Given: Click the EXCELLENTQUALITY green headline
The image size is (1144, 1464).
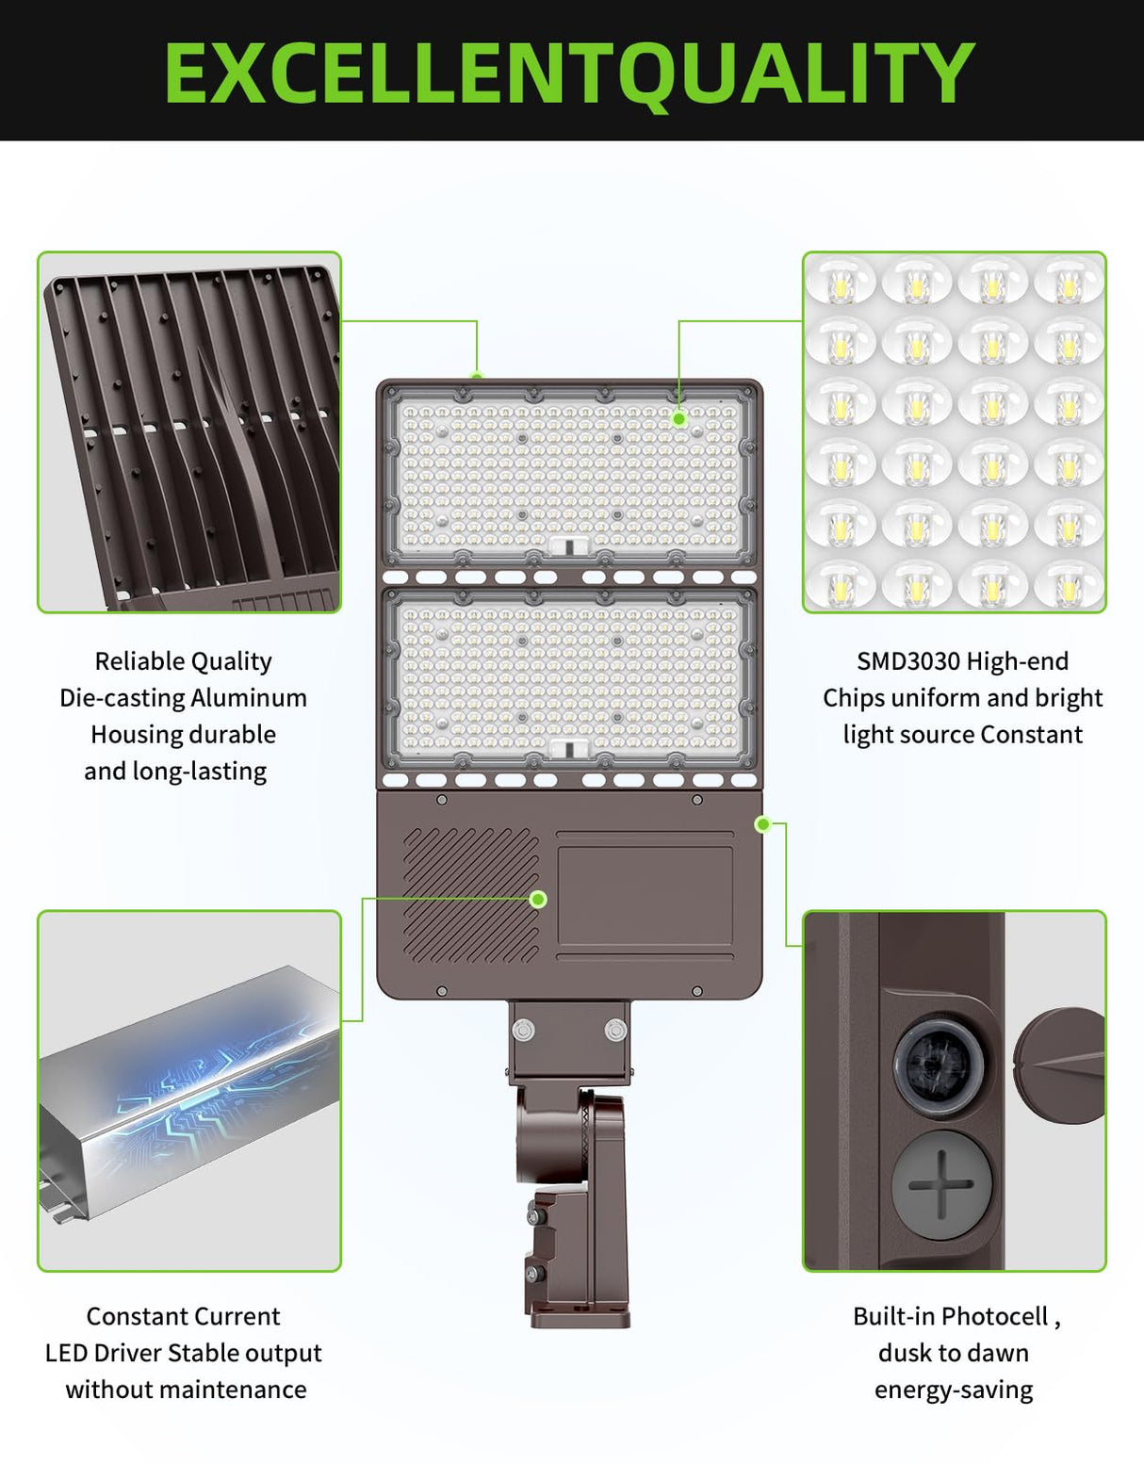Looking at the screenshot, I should click(x=569, y=73).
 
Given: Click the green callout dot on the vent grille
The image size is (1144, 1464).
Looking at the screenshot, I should click(x=538, y=900).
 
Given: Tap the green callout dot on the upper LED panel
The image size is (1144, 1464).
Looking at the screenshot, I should click(x=679, y=418).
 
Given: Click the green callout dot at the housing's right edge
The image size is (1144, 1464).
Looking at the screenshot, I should click(x=763, y=825).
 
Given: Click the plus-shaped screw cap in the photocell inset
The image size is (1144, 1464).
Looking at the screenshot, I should click(x=941, y=1184).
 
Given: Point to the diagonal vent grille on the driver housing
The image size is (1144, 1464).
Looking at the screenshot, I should click(x=470, y=895).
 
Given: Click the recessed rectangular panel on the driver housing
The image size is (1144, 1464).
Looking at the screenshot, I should click(x=645, y=895).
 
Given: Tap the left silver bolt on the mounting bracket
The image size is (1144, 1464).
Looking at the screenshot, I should click(x=524, y=1030).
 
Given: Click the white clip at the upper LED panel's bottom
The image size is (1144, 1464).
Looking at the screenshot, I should click(x=569, y=545).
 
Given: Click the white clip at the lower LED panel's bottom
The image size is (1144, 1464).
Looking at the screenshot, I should click(x=569, y=749).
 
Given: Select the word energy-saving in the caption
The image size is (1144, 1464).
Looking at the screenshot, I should click(x=954, y=1390).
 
